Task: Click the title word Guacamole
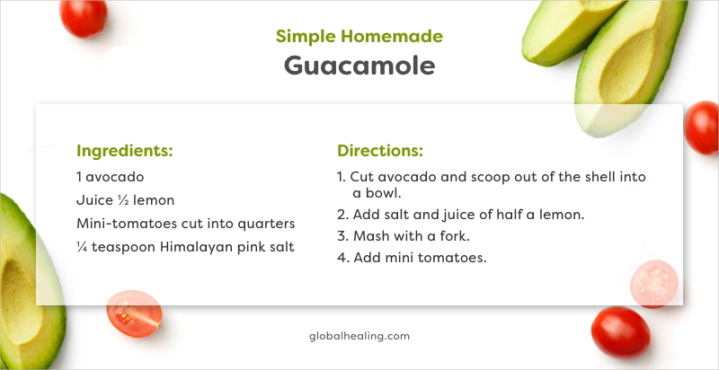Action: point(359,66)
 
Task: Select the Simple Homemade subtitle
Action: point(359,36)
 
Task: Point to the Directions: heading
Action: point(379,150)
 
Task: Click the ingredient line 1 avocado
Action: point(110,177)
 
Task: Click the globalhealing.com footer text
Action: point(359,336)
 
